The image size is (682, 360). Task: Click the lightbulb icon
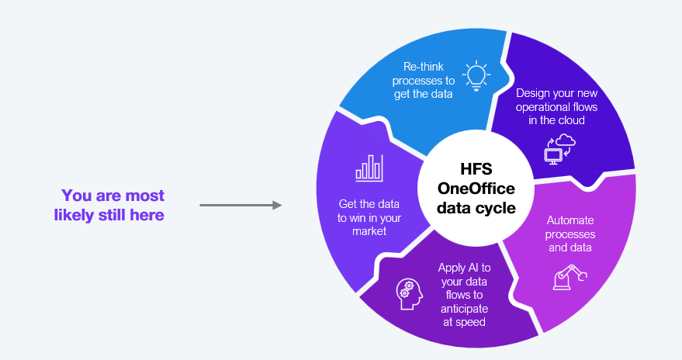click(x=476, y=76)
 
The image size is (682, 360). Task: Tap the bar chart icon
click(x=369, y=168)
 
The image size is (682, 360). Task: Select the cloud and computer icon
click(x=559, y=149)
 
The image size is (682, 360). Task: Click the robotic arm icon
click(x=569, y=277)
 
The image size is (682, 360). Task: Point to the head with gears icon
click(x=410, y=294)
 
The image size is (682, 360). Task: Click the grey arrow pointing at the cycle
click(x=241, y=206)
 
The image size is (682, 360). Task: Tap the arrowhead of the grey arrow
click(x=277, y=206)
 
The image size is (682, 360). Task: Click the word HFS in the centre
click(x=476, y=168)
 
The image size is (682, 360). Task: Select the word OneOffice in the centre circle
click(x=476, y=189)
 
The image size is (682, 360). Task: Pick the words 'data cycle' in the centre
click(x=476, y=208)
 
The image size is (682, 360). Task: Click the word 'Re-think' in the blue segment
click(x=423, y=67)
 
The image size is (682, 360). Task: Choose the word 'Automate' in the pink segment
click(x=569, y=220)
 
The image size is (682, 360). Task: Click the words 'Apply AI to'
click(x=464, y=268)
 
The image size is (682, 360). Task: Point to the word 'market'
click(x=369, y=231)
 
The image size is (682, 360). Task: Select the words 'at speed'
click(x=464, y=322)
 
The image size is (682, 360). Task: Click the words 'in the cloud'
click(x=557, y=120)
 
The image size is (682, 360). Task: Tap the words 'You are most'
click(x=113, y=196)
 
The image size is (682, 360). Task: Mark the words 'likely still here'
click(x=109, y=215)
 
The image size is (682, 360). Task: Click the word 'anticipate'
click(x=464, y=309)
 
